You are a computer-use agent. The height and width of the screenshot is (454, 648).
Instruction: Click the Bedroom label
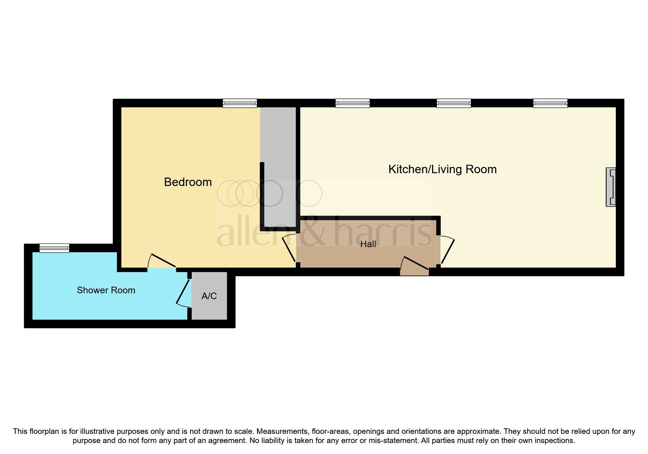pos(188,182)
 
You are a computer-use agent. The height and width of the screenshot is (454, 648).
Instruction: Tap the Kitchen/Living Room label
pos(442,169)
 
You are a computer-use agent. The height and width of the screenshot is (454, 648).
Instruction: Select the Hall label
pos(368,244)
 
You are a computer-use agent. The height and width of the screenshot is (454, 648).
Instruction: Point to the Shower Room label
pos(106,290)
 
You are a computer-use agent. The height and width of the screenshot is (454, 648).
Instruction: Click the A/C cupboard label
pos(209,296)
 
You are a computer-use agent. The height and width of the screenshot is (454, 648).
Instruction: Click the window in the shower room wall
pos(54,248)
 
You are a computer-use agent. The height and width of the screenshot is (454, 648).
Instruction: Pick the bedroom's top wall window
pos(240,103)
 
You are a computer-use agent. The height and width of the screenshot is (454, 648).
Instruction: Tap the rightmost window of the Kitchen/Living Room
pos(550,103)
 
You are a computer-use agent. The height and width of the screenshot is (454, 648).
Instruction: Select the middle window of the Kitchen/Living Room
pos(453,103)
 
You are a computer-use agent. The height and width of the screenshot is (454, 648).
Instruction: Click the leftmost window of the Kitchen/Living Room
pos(352,103)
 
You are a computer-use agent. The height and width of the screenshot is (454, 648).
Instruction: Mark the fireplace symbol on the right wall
pos(611,187)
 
